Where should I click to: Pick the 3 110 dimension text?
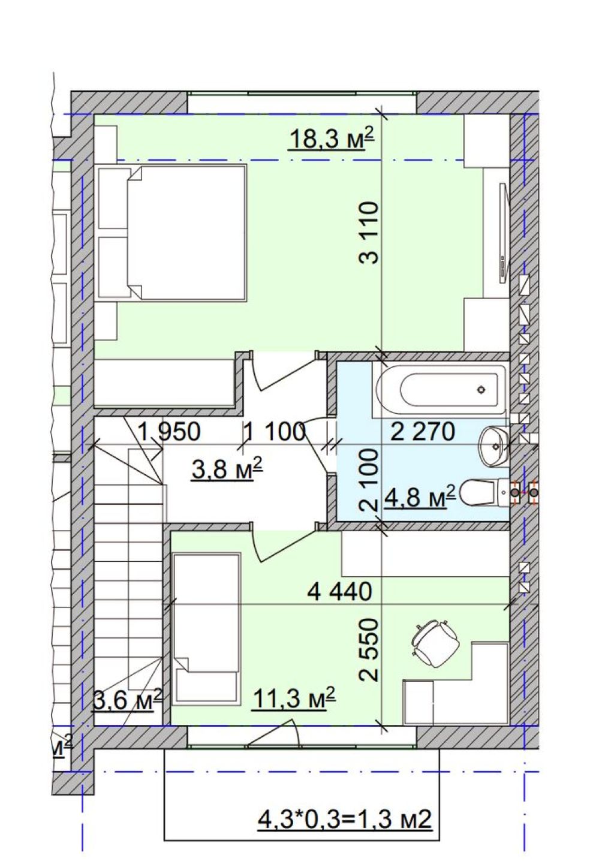tap(368, 233)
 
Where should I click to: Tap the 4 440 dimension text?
tap(340, 591)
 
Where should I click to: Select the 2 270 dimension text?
tap(423, 432)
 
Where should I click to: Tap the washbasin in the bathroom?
tap(493, 446)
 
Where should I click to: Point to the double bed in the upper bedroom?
tap(173, 232)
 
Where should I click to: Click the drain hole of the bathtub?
tap(481, 390)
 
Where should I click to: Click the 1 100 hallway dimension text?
tap(274, 432)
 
